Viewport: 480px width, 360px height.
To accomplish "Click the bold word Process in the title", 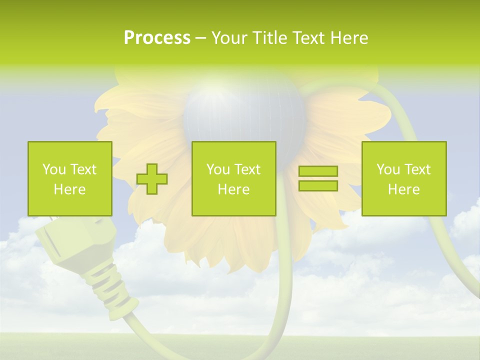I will (157, 38).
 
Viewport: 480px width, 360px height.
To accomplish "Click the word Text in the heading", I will (307, 38).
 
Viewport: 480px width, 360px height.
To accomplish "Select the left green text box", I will (70, 178).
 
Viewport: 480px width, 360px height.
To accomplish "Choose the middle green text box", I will (233, 178).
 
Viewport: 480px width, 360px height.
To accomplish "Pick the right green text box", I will (403, 178).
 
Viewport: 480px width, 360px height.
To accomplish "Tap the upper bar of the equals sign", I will (318, 171).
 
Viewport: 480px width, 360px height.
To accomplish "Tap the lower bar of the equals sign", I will (318, 186).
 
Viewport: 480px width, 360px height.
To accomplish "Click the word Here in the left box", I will (70, 189).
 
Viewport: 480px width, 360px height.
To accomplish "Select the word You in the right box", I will (388, 169).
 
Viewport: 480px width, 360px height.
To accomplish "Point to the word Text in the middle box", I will (248, 169).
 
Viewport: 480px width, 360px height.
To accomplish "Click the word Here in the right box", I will (403, 189).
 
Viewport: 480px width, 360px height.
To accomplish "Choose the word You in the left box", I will (54, 169).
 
